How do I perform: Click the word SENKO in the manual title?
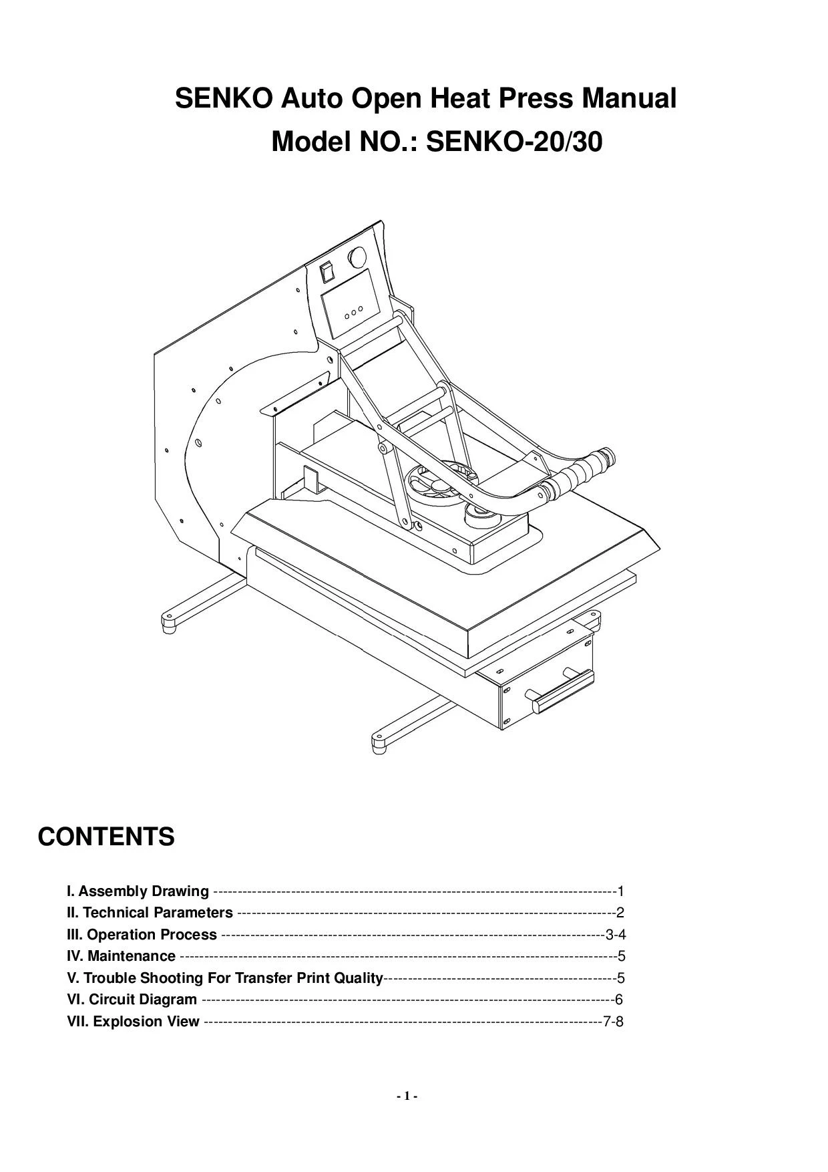[x=223, y=99]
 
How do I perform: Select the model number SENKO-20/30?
[x=513, y=142]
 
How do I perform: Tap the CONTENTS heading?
[x=106, y=837]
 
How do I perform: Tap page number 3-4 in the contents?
[x=615, y=935]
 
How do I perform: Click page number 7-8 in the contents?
[x=613, y=1022]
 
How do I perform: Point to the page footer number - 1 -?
[x=407, y=1096]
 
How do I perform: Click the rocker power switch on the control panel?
[x=327, y=271]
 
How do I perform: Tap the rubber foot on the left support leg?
[x=169, y=624]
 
